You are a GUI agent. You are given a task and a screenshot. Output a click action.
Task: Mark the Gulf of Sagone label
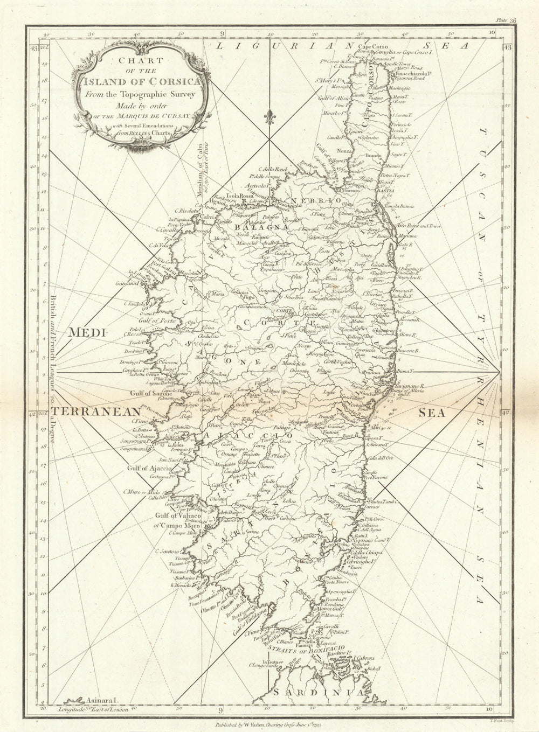click(150, 393)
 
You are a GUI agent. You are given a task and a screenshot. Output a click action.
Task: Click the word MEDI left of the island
click(86, 333)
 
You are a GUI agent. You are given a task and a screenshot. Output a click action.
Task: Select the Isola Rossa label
click(239, 196)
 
